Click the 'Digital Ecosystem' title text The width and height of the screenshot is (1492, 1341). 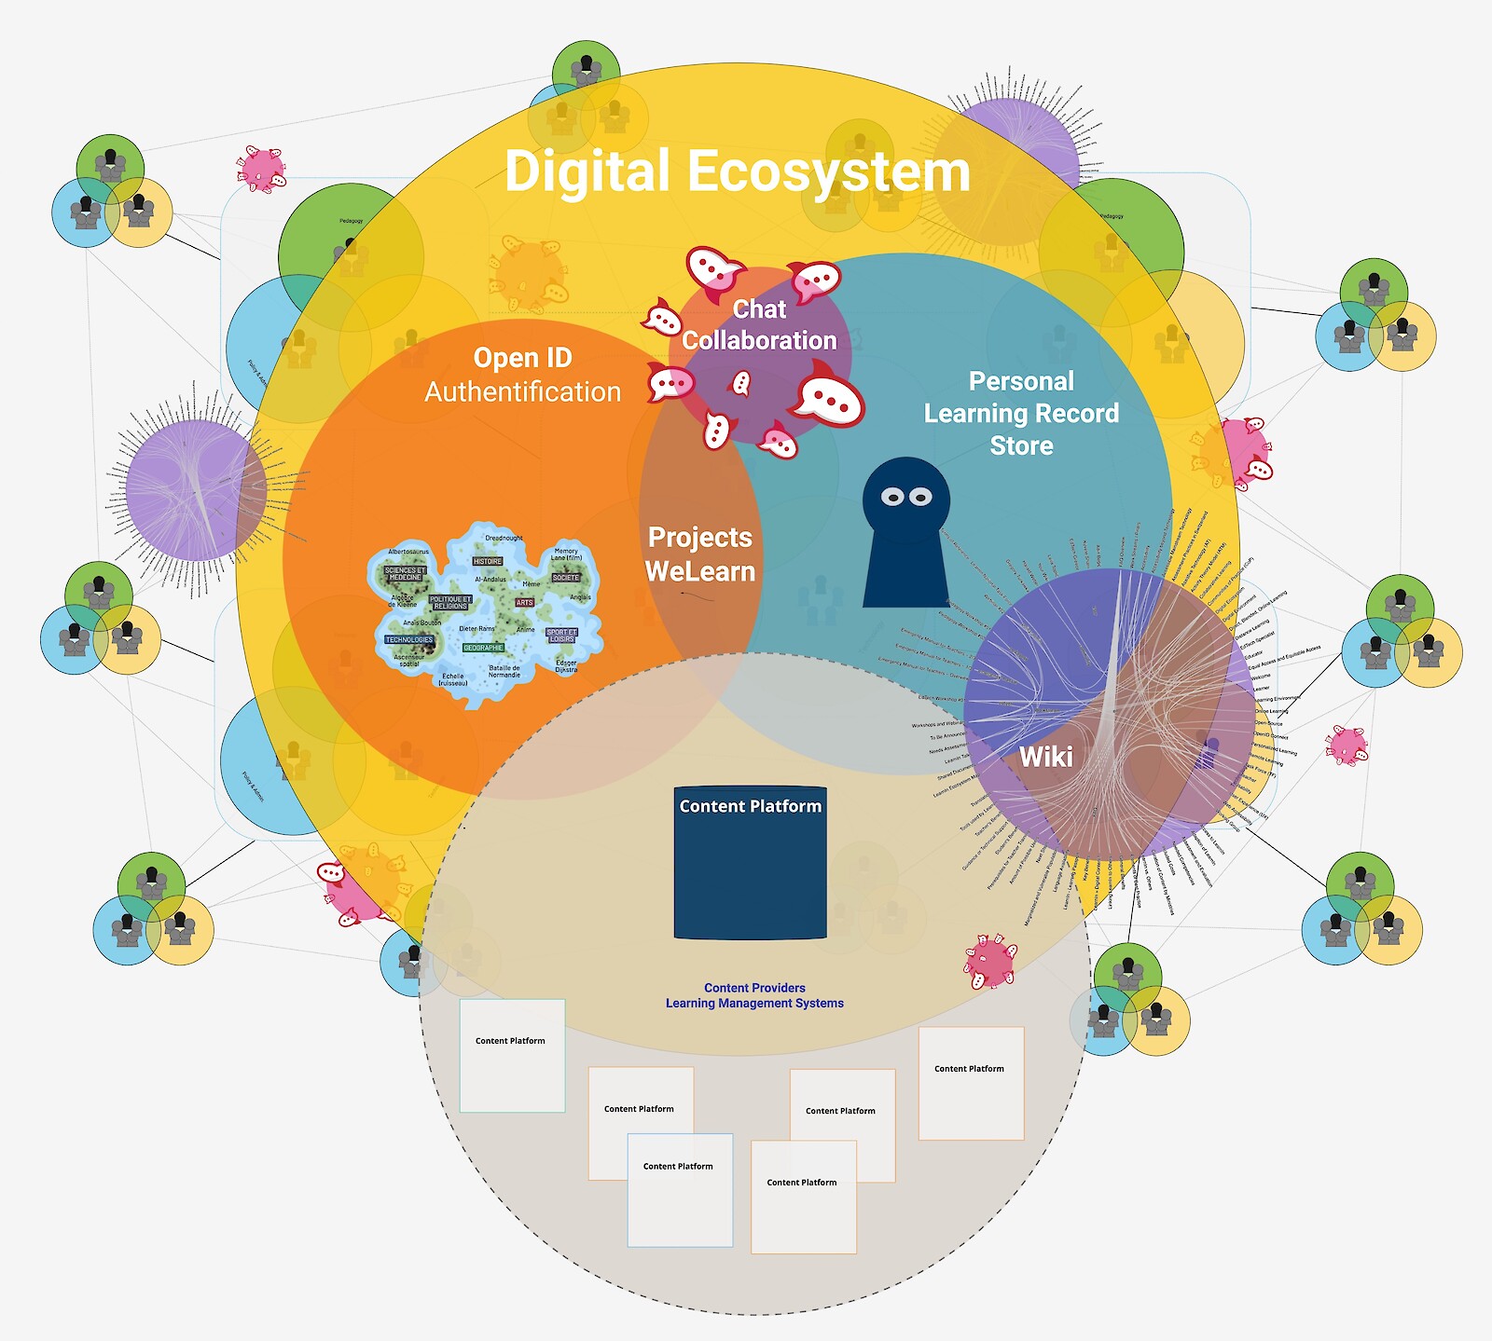coord(737,172)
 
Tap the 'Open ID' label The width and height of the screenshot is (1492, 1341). coord(522,358)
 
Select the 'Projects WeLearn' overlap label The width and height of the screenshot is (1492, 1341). coord(700,554)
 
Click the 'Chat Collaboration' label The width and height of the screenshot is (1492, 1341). coord(759,324)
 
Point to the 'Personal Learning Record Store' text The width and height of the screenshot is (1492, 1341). coord(1021,413)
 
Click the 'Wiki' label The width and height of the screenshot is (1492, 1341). coord(1045,757)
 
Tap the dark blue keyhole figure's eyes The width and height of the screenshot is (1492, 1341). coord(906,497)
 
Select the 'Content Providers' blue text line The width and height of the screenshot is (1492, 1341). coord(754,988)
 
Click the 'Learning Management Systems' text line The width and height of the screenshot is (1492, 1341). coord(754,1004)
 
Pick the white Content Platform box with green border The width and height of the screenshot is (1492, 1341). coord(512,1056)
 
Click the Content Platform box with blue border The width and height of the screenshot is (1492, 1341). coord(680,1190)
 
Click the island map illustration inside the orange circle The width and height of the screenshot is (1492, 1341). coord(485,615)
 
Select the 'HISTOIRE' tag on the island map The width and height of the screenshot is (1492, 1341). coord(488,561)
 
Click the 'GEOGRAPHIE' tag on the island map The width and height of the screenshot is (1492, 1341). coord(483,648)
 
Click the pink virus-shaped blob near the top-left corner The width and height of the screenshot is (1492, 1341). coord(261,169)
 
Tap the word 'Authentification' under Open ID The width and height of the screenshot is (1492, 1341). coord(522,392)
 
